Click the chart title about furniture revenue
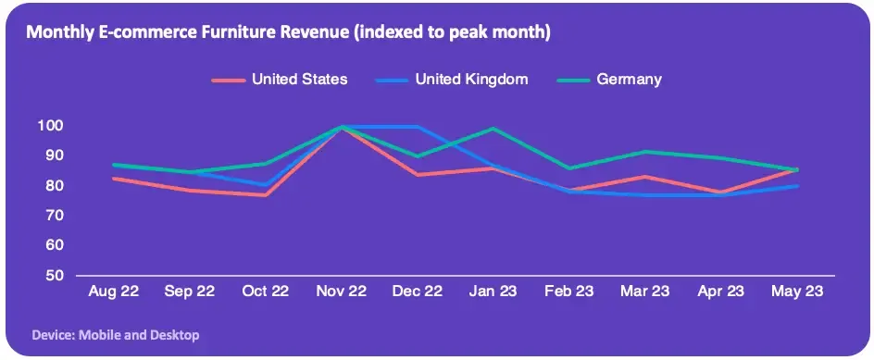288,33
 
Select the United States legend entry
280,80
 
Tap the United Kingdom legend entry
452,80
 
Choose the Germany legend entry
610,80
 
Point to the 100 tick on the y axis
49,125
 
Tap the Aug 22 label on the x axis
114,291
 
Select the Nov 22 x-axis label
341,291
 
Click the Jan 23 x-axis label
493,291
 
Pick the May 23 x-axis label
797,291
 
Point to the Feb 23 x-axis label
569,291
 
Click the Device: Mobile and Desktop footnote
116,335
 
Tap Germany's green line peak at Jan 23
493,129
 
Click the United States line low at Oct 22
266,195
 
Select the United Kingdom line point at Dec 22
417,127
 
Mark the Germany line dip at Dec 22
417,156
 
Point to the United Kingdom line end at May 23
797,186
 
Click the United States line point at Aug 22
114,179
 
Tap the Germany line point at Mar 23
645,152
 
